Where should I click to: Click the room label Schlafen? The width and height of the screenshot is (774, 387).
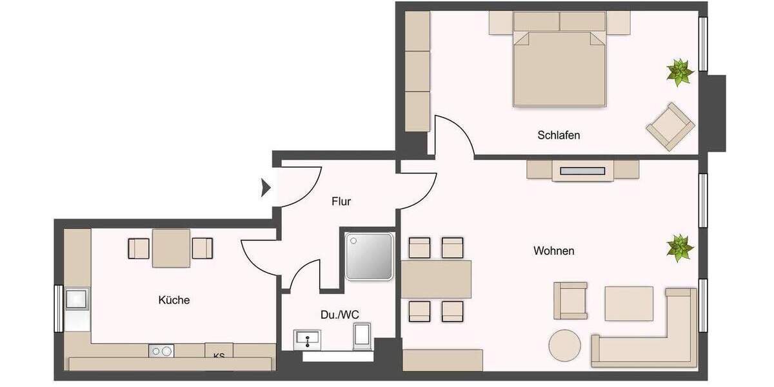(559, 135)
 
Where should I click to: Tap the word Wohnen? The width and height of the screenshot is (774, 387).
(553, 251)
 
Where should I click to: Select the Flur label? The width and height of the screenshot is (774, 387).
(341, 202)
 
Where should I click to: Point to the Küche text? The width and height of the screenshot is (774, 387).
(174, 300)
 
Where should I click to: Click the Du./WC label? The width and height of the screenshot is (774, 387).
(340, 314)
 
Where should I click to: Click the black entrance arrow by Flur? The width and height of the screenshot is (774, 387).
(265, 188)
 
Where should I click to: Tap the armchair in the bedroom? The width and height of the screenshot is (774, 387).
(671, 127)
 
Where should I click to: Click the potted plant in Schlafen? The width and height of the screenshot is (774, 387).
(679, 72)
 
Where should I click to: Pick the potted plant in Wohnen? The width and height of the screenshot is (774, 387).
(679, 248)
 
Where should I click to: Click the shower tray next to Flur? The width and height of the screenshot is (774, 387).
(368, 256)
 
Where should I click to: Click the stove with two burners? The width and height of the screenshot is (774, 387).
(161, 351)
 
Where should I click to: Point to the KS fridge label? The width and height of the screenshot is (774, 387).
(219, 354)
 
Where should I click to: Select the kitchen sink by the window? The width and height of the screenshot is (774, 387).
(77, 299)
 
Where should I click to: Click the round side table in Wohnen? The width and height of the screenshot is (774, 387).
(566, 346)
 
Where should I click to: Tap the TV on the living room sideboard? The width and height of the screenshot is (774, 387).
(582, 171)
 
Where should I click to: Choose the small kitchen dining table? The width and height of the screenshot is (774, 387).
(172, 248)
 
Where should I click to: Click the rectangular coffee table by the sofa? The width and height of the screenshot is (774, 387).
(628, 303)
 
